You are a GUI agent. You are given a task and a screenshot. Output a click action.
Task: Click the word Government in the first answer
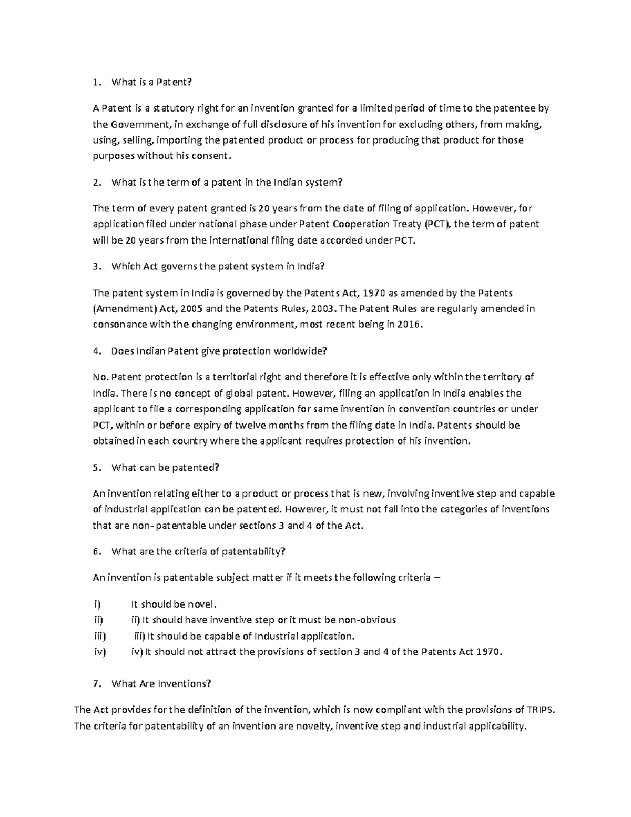click(139, 125)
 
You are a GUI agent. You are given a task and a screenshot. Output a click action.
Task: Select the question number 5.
click(95, 468)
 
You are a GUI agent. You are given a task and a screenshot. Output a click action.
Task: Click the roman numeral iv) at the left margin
click(99, 652)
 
